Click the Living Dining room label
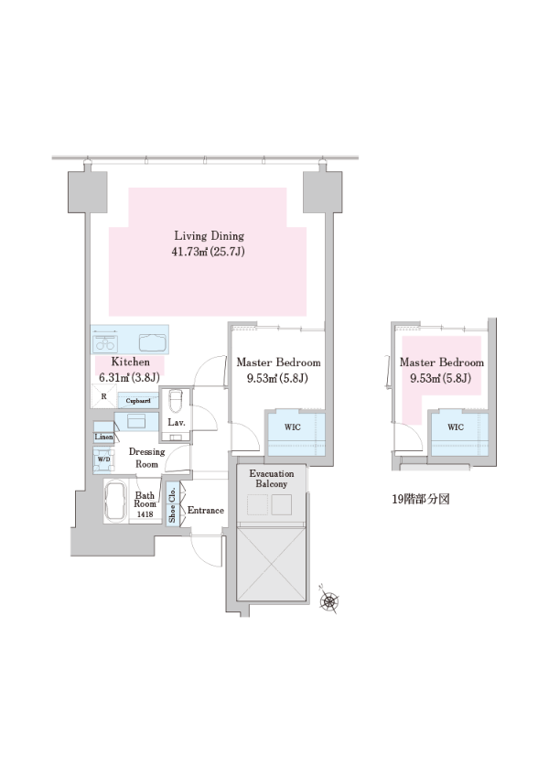coord(209,235)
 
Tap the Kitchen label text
coord(130,362)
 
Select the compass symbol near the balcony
coord(328,600)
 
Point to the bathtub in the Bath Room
coord(116,502)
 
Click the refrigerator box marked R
coord(103,396)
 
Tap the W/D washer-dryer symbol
coord(103,459)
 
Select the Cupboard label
coord(138,400)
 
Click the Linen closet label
coord(103,438)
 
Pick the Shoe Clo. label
coord(172,504)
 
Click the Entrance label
coord(205,510)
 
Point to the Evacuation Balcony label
coord(271,479)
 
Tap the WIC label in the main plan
coord(292,427)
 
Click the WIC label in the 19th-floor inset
coord(456,427)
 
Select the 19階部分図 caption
coord(421,499)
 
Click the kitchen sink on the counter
coord(154,342)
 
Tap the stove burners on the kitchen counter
coord(105,342)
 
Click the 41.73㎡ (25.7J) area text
coord(209,252)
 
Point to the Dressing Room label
coord(146,458)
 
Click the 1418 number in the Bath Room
coord(145,514)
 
